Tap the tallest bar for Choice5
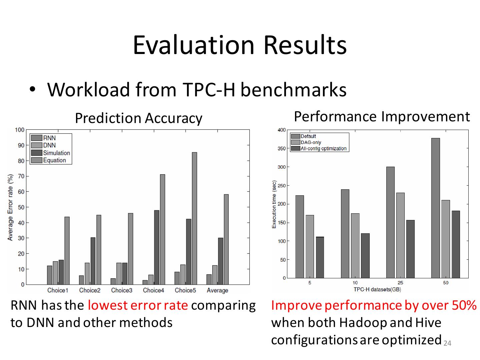click(x=194, y=218)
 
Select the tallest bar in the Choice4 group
click(x=162, y=229)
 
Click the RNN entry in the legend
click(x=49, y=138)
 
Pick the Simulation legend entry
click(x=56, y=153)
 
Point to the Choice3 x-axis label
click(x=122, y=290)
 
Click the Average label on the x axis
click(x=217, y=290)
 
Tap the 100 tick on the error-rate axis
click(x=20, y=130)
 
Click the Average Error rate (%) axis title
click(x=10, y=207)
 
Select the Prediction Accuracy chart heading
click(x=139, y=118)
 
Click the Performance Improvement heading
click(x=382, y=117)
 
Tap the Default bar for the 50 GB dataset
click(x=435, y=208)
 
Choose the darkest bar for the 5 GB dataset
click(x=320, y=257)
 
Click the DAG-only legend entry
click(x=311, y=142)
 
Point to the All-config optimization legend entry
click(x=323, y=149)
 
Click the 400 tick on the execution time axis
click(x=282, y=130)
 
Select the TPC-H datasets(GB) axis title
click(x=377, y=289)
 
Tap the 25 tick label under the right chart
click(x=400, y=283)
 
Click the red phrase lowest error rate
click(x=138, y=305)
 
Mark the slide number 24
click(x=447, y=343)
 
